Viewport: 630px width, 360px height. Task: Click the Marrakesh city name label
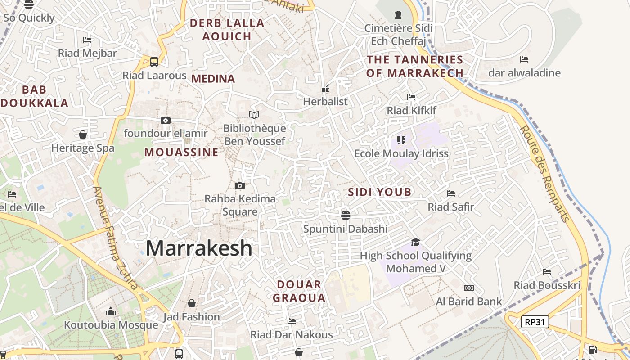[199, 248]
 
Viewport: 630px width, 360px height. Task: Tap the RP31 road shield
[535, 322]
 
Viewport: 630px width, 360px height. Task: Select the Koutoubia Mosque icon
[111, 311]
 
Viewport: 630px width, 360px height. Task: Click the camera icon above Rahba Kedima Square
[240, 185]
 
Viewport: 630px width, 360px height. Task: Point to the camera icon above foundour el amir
[166, 120]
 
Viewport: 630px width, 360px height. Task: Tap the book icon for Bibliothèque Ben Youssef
[254, 115]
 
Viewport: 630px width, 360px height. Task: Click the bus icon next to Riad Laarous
[154, 62]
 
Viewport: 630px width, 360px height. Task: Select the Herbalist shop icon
[325, 89]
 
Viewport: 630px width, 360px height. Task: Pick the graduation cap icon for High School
[415, 242]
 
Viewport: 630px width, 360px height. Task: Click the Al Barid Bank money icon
[469, 288]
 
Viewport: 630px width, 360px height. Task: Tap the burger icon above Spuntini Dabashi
[346, 215]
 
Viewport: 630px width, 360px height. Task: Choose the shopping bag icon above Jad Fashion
[192, 303]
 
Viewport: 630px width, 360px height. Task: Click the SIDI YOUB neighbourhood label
[380, 192]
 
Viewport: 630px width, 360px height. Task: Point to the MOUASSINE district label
[181, 152]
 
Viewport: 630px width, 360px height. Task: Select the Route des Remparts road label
[544, 174]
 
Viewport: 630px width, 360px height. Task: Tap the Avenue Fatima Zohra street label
[115, 238]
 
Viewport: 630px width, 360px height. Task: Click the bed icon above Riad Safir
[451, 193]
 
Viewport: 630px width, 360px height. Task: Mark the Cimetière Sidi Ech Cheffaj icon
[398, 15]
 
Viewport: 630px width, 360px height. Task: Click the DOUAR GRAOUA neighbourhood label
[299, 291]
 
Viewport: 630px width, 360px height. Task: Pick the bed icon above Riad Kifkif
[411, 97]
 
